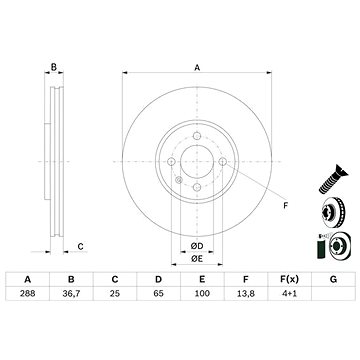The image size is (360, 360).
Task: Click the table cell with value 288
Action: point(28,294)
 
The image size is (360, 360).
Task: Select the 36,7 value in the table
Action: point(71,294)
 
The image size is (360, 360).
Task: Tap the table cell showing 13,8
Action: point(246,294)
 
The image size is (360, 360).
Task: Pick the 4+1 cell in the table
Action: point(289,294)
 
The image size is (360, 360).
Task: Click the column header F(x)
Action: point(289,279)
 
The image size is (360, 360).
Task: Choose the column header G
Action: point(333,279)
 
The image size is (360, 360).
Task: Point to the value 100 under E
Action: point(202,294)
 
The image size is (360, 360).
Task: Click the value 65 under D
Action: point(159,294)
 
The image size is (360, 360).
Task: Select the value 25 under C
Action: point(115,294)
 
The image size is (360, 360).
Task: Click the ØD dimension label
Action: point(197,246)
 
